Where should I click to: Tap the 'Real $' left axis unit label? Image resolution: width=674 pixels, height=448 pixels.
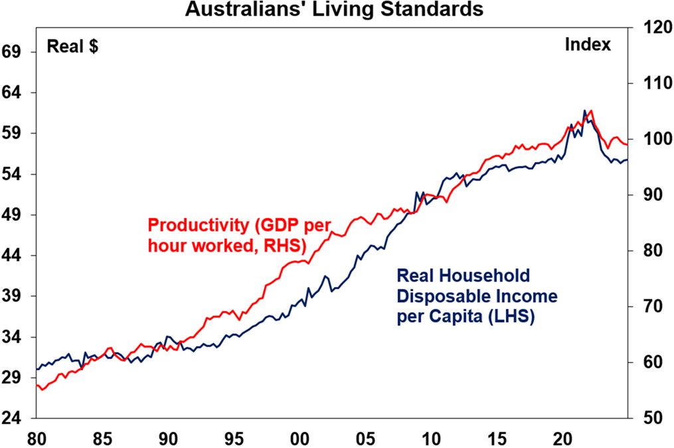tap(72, 47)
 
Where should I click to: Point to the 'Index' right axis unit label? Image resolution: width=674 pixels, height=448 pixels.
tap(588, 45)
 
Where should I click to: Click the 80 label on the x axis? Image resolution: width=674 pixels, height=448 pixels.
tap(37, 439)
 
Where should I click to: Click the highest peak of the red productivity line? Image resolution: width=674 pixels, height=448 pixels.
tap(591, 111)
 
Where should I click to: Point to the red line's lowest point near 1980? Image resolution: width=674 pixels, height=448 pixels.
tap(42, 390)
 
